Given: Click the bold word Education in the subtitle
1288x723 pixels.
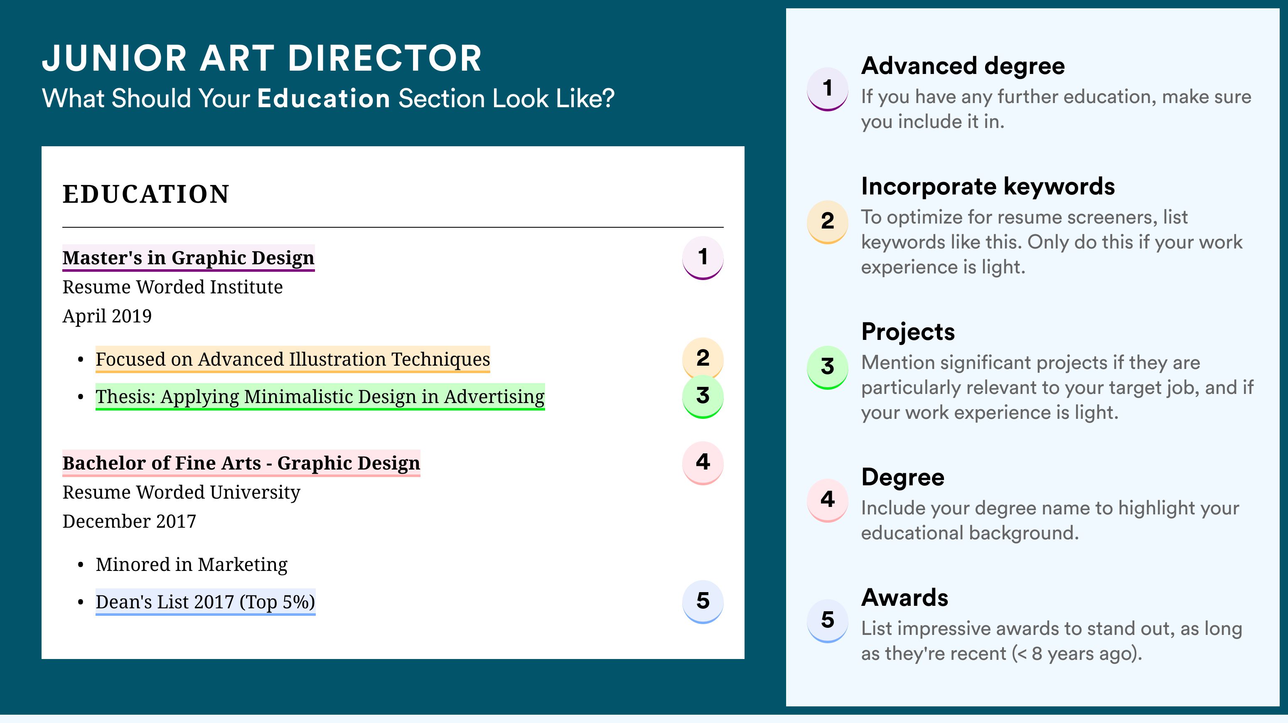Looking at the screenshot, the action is pos(324,98).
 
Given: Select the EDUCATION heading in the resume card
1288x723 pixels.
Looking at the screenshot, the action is pos(146,194).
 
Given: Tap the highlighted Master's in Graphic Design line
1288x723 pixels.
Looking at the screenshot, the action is pos(189,258).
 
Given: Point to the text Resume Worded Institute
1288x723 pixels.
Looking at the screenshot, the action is pos(172,287).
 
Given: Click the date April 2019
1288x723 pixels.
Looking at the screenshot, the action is pos(107,316).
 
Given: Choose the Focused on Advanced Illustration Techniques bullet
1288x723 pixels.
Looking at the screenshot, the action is pos(293,359).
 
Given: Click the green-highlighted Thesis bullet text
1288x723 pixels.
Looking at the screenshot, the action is pos(320,396).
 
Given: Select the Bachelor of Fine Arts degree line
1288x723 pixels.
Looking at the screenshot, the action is pos(241,463).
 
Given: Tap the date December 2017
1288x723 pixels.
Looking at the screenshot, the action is pos(129,521).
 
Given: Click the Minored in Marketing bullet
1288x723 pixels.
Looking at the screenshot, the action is pos(192,565).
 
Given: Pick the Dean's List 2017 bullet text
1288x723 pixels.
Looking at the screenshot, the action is pos(206,602).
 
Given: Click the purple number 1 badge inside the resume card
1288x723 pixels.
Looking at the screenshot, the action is pos(703,258).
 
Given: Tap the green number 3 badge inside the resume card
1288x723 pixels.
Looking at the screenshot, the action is pos(703,396).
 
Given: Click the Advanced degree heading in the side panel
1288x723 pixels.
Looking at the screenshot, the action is pos(963,66).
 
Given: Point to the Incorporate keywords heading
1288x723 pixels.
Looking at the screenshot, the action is pos(988,187).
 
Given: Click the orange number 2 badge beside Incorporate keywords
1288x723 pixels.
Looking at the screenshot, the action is pos(828,221).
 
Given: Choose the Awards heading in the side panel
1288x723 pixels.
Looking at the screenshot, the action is pos(905,598).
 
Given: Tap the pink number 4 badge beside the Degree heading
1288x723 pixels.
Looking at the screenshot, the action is pos(828,500).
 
